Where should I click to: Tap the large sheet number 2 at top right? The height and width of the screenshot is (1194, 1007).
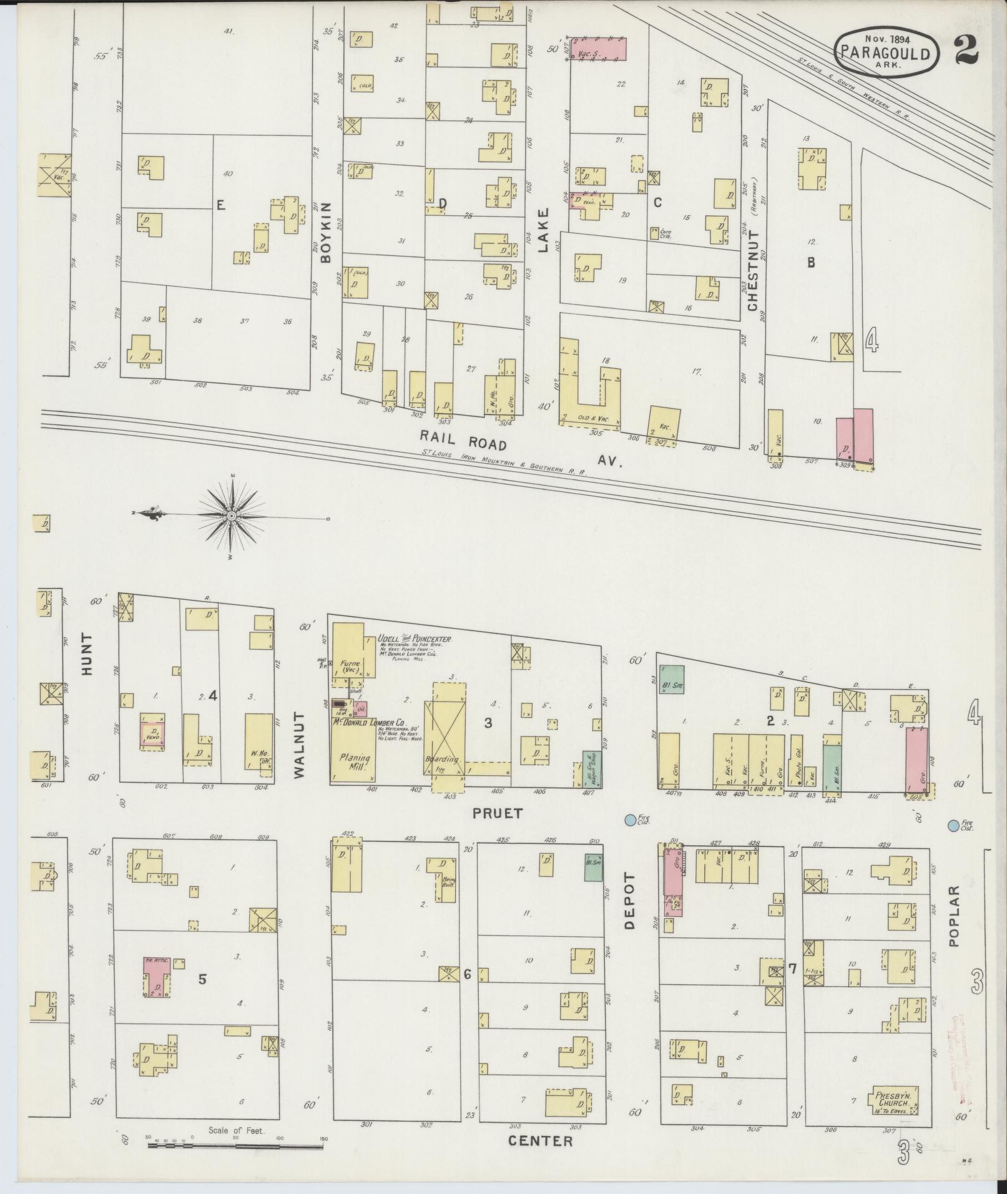(966, 49)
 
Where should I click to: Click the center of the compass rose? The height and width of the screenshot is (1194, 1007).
(232, 516)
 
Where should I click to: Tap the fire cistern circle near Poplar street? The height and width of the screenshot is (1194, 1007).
(953, 825)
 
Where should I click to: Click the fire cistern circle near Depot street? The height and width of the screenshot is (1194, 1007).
(631, 819)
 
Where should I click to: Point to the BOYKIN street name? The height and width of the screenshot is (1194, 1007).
(326, 232)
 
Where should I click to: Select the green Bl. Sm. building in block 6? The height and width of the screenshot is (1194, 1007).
(593, 867)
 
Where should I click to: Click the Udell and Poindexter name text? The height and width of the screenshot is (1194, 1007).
(415, 640)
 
